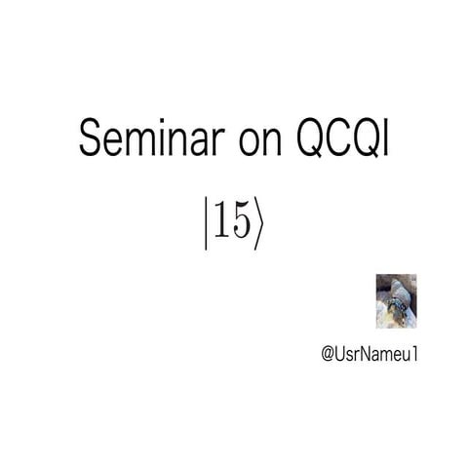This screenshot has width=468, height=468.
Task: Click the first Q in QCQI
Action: (313, 140)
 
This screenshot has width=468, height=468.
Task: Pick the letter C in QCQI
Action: (341, 140)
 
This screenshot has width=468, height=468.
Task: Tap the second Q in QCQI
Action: (369, 140)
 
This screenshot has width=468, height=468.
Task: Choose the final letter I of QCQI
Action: (388, 140)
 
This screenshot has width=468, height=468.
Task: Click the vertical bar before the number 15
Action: (207, 224)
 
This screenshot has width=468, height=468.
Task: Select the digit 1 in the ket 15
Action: (220, 222)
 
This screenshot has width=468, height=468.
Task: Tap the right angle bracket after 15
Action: (257, 224)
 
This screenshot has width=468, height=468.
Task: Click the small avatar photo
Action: (397, 301)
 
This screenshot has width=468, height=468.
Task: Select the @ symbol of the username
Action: (328, 352)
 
